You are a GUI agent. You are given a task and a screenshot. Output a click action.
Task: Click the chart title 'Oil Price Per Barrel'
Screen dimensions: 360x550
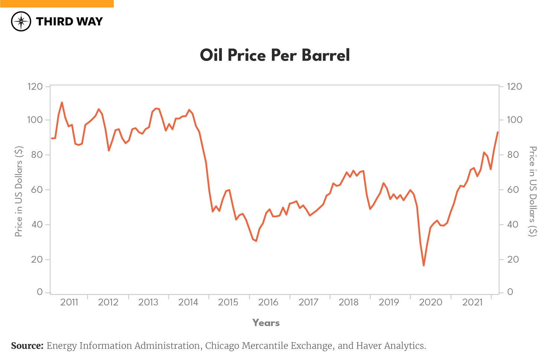click(275, 55)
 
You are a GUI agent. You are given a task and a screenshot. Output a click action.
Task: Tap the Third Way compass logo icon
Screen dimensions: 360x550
click(21, 21)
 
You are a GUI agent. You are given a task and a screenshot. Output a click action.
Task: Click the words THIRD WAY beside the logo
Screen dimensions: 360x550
click(69, 22)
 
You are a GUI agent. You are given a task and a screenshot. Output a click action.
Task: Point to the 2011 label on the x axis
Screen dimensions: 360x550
click(69, 302)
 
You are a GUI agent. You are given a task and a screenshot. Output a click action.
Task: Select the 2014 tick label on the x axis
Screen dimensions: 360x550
click(188, 302)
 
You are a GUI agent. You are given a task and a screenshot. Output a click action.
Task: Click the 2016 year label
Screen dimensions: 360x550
click(268, 302)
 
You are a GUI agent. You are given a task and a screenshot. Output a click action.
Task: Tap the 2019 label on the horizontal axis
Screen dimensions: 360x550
click(388, 302)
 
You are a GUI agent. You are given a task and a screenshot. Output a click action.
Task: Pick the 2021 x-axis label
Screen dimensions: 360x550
click(472, 302)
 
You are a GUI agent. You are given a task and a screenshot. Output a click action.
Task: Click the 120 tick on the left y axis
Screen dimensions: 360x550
click(35, 87)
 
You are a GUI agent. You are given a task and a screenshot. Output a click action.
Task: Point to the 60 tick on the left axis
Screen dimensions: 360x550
click(37, 190)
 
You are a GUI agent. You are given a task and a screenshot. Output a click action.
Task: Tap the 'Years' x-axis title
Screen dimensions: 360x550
click(266, 323)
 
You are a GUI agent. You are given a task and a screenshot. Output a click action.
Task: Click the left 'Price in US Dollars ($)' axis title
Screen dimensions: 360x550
click(19, 191)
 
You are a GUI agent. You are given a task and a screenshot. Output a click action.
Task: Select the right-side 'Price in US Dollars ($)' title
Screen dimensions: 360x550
click(533, 191)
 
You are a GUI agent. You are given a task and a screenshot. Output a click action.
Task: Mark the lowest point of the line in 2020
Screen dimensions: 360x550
click(424, 266)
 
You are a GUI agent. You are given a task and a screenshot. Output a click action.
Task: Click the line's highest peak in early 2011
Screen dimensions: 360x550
click(62, 102)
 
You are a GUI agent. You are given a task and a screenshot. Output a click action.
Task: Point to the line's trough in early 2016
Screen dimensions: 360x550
click(256, 241)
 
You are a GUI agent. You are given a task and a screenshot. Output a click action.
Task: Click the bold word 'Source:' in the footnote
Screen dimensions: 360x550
click(27, 346)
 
